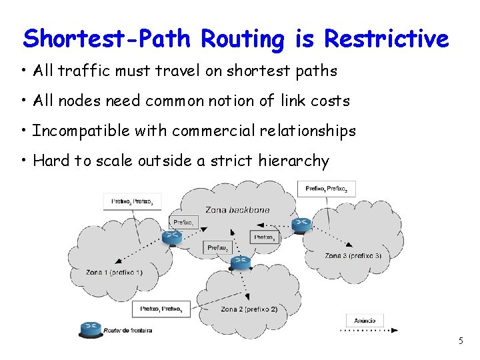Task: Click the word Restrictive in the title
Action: pos(386,39)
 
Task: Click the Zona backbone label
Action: pos(237,210)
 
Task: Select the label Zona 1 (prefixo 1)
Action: pos(114,273)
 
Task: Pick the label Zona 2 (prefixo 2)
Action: pos(249,309)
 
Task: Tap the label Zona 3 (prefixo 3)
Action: pos(353,256)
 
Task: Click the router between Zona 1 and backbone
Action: pos(171,237)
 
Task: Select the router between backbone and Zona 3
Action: pos(301,225)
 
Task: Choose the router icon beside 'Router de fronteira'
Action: pos(91,328)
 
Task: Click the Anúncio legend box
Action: pos(365,321)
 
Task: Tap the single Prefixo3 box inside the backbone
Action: pos(264,237)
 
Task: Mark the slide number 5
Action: pos(460,341)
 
